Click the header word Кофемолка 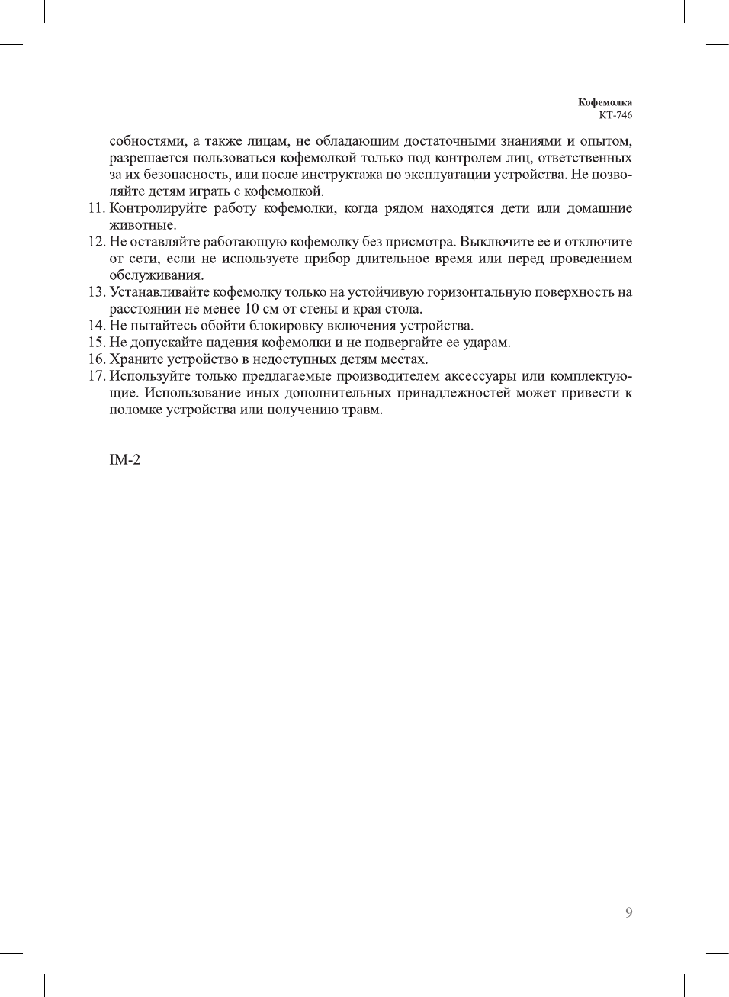click(605, 102)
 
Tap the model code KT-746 click(615, 115)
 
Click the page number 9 click(628, 912)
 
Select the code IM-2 click(125, 460)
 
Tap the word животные click(143, 225)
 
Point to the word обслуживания click(156, 275)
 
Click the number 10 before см click(252, 309)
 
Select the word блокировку click(281, 326)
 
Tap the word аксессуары click(479, 376)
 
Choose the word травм click(362, 410)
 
